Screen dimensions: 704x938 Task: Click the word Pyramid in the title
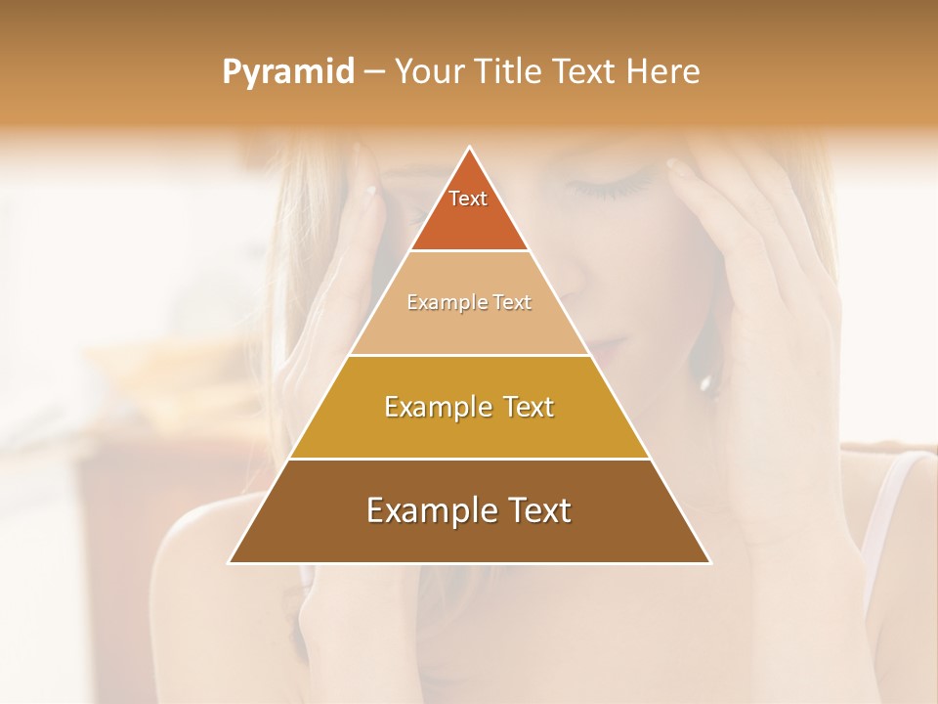coord(287,72)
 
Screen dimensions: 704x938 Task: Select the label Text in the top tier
coord(468,198)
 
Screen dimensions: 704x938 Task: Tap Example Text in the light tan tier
coord(469,302)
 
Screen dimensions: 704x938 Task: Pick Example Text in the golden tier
coord(469,407)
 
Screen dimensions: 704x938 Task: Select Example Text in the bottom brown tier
coord(469,510)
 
